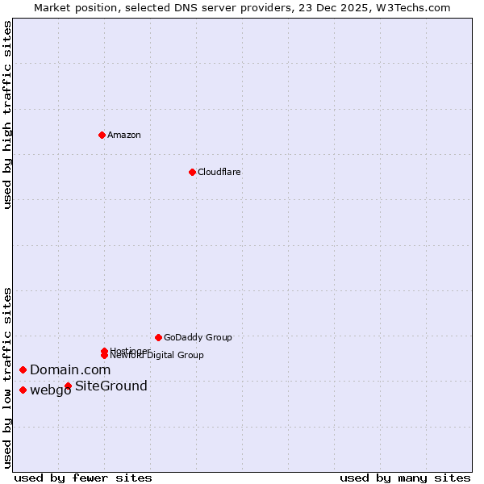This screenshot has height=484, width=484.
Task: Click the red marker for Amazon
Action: pyautogui.click(x=102, y=135)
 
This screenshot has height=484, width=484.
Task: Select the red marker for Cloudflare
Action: pyautogui.click(x=192, y=172)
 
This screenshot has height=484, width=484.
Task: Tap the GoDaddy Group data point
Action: pyautogui.click(x=158, y=337)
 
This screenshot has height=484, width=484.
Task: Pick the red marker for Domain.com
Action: pyautogui.click(x=23, y=369)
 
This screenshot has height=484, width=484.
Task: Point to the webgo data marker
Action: pyautogui.click(x=23, y=390)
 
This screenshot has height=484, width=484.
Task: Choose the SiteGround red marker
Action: pyautogui.click(x=68, y=386)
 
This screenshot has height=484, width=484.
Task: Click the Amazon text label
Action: pyautogui.click(x=124, y=135)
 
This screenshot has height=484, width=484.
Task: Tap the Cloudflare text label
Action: pyautogui.click(x=219, y=172)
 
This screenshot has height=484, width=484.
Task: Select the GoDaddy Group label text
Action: pyautogui.click(x=198, y=337)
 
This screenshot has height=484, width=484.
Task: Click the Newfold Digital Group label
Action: pyautogui.click(x=157, y=356)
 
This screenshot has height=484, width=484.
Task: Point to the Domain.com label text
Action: pyautogui.click(x=70, y=369)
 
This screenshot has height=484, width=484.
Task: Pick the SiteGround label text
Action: pyautogui.click(x=111, y=386)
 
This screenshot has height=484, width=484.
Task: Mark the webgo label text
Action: pyautogui.click(x=50, y=391)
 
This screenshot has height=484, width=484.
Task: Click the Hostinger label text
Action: pyautogui.click(x=129, y=351)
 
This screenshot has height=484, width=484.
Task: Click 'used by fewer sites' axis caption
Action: pyautogui.click(x=83, y=478)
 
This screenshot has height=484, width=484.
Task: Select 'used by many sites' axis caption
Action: pyautogui.click(x=405, y=478)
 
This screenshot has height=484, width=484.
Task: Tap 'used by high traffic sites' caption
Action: pyautogui.click(x=7, y=115)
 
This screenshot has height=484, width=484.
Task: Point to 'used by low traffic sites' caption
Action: pyautogui.click(x=7, y=378)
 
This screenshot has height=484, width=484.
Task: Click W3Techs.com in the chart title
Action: pyautogui.click(x=411, y=7)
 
